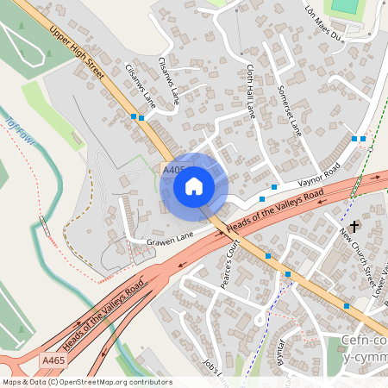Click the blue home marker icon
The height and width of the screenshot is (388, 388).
point(194,185)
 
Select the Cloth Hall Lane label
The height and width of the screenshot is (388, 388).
point(249,91)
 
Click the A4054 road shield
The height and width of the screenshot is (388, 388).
point(173,172)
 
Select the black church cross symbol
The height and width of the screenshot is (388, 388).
point(354,227)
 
